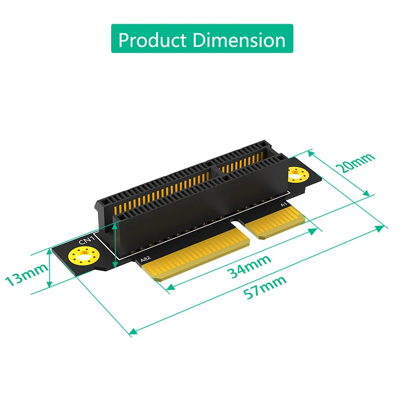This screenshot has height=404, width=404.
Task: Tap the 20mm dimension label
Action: tap(357, 163)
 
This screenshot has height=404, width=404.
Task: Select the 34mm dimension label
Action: tap(248, 266)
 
